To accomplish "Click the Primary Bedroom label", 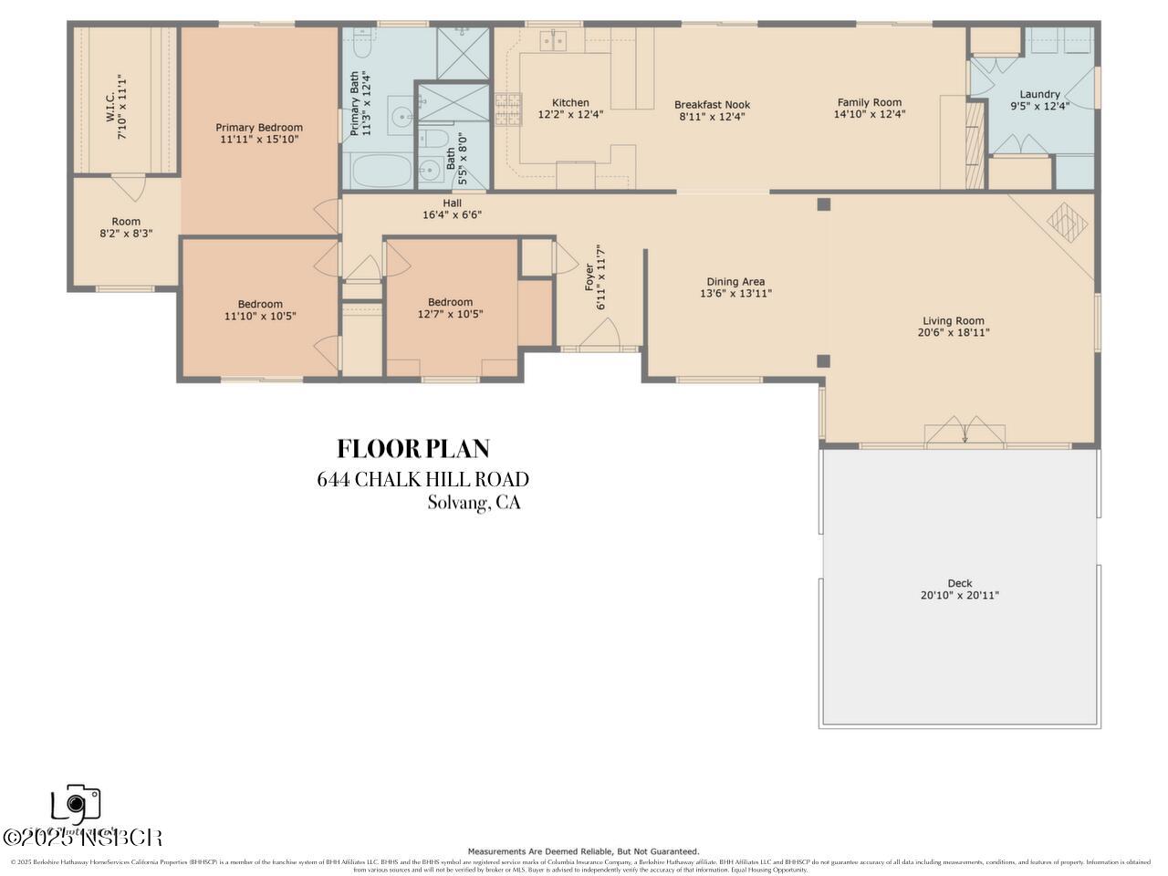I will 259,128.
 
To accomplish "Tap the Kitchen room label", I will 570,103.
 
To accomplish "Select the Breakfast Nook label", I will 712,105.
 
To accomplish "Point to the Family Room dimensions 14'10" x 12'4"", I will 869,115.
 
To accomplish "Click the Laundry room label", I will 1039,94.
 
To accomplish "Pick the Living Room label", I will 953,320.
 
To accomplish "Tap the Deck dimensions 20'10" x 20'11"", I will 960,596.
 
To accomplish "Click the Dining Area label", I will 735,282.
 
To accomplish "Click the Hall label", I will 452,203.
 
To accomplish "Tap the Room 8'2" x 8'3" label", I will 126,222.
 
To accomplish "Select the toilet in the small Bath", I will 436,140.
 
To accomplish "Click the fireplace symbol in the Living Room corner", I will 1067,222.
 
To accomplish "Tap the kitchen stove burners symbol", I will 506,109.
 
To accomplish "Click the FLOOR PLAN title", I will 413,449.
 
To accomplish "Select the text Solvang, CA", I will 474,503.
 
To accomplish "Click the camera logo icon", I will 75,804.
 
